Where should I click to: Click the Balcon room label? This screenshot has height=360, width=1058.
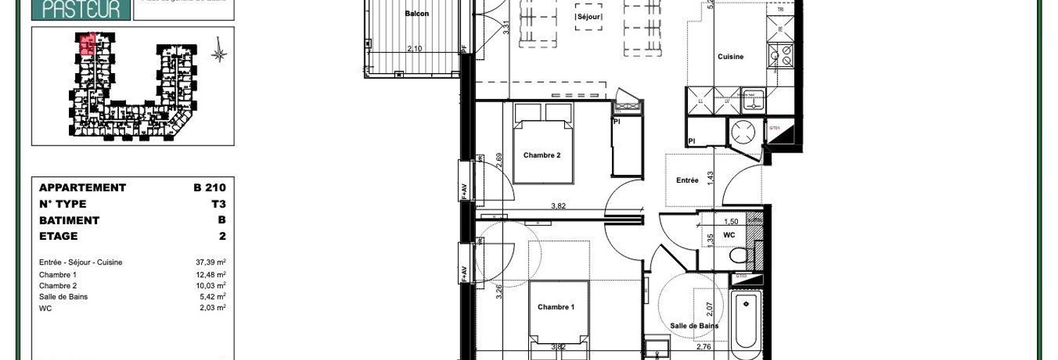(416, 13)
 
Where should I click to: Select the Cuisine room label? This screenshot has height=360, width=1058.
(730, 57)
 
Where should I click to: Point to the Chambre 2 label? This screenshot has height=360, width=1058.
(542, 155)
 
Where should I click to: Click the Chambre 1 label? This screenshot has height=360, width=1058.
(556, 307)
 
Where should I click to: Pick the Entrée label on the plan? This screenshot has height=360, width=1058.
(687, 181)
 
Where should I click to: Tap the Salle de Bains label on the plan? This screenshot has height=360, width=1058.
(694, 326)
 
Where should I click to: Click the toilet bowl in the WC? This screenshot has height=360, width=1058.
(739, 255)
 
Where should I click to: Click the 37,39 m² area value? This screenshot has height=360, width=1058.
(210, 263)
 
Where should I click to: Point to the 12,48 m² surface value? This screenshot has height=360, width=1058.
(210, 274)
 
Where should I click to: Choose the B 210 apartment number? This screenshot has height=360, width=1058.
(210, 188)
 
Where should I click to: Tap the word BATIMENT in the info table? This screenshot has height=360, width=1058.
(69, 220)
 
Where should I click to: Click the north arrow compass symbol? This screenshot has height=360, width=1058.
(219, 53)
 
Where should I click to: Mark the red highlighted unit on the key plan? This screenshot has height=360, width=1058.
(87, 45)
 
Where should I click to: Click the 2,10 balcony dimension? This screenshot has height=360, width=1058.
(415, 49)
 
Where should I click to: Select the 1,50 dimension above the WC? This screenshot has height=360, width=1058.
(731, 221)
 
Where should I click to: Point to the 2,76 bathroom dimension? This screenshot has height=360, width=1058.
(704, 347)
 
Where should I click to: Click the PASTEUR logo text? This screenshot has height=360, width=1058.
(82, 8)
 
